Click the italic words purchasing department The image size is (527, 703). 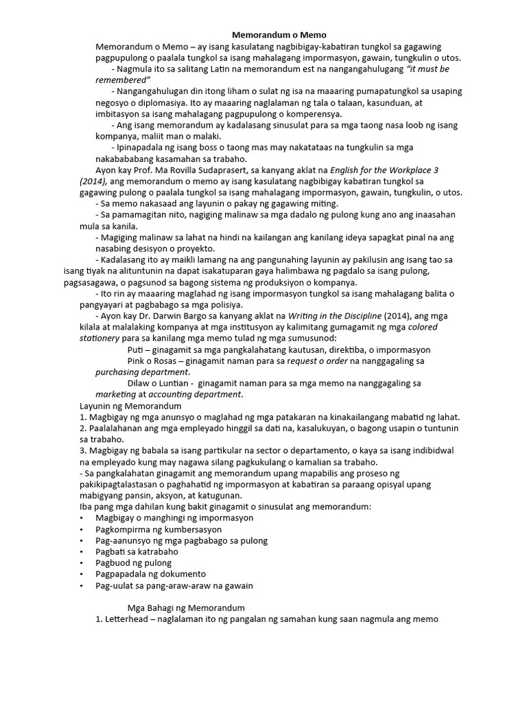(141, 372)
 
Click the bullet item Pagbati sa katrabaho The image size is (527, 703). (137, 551)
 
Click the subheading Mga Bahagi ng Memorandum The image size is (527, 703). (186, 608)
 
